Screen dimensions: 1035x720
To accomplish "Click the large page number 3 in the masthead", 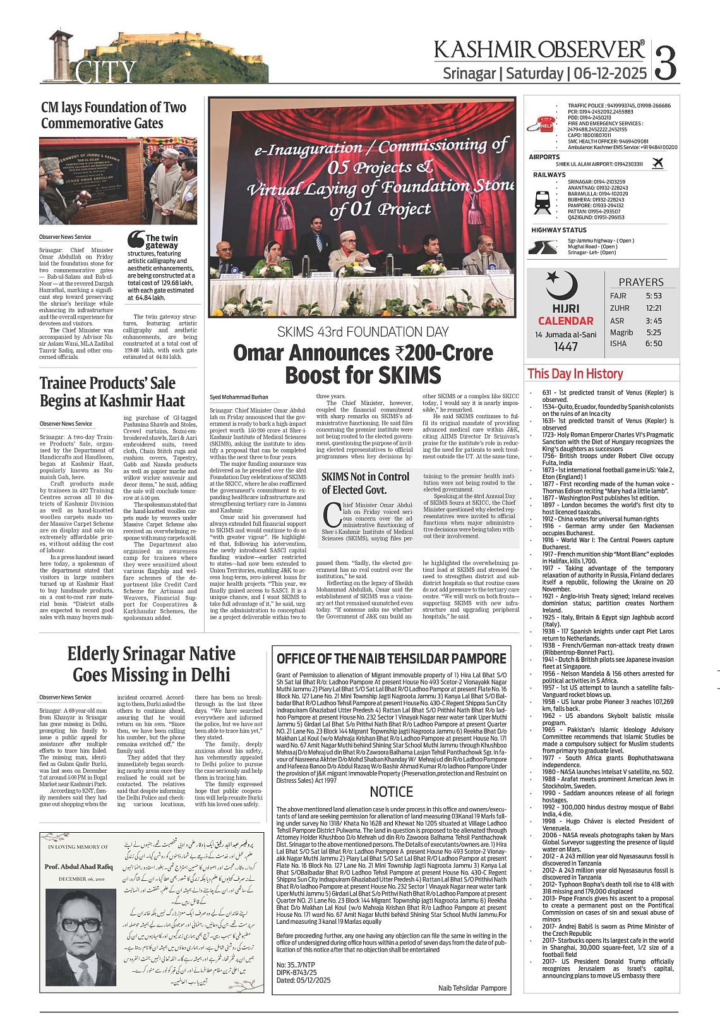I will [x=666, y=62].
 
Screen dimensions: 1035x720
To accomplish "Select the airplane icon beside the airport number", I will [x=657, y=163].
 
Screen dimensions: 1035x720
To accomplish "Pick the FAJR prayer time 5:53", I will [x=654, y=296].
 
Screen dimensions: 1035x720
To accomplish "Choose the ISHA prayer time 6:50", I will [x=654, y=344].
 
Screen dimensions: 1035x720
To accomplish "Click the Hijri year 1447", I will [x=566, y=347].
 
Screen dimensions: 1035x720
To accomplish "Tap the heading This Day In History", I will [x=575, y=374].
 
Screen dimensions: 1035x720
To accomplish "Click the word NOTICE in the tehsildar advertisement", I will [x=392, y=792].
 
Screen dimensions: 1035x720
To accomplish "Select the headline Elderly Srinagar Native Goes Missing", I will [x=152, y=664].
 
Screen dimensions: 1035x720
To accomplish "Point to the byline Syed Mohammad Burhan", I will [x=239, y=397].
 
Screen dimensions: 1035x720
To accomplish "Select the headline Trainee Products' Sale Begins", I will [x=112, y=392].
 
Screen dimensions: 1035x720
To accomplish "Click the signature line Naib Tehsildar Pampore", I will [x=472, y=988].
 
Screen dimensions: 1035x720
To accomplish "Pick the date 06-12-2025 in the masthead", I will [x=610, y=73].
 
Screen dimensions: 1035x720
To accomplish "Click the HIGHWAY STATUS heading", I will [x=558, y=230].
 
